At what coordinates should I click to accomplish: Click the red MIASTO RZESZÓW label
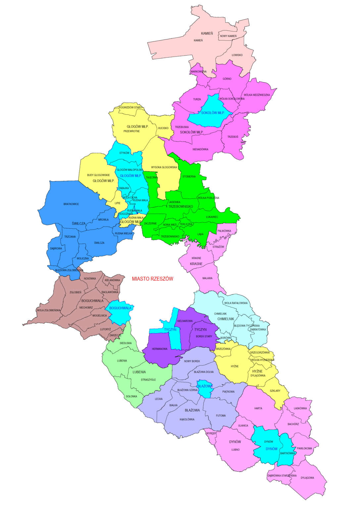(x=152, y=279)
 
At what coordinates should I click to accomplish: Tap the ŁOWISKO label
(x=237, y=55)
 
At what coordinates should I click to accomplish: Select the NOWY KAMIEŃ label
(x=228, y=36)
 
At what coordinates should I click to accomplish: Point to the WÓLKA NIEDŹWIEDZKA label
(x=257, y=95)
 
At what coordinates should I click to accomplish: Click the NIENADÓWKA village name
(x=200, y=149)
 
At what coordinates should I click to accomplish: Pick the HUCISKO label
(x=163, y=128)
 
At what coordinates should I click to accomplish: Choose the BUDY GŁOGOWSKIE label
(x=98, y=175)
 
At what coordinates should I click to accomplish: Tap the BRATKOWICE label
(x=71, y=204)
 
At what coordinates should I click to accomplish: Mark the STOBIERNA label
(x=189, y=177)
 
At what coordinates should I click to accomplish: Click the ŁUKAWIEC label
(x=212, y=217)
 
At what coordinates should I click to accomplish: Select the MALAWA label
(x=207, y=278)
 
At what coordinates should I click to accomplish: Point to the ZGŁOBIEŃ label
(x=76, y=292)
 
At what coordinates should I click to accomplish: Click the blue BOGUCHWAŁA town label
(x=120, y=308)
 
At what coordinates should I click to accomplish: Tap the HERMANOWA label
(x=160, y=349)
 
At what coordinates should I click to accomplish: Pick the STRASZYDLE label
(x=148, y=380)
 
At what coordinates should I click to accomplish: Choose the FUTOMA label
(x=221, y=416)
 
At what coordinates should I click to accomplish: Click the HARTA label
(x=258, y=409)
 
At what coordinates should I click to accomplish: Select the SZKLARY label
(x=275, y=391)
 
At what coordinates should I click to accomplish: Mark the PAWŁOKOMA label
(x=304, y=448)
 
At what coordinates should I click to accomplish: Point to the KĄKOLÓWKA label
(x=187, y=420)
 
